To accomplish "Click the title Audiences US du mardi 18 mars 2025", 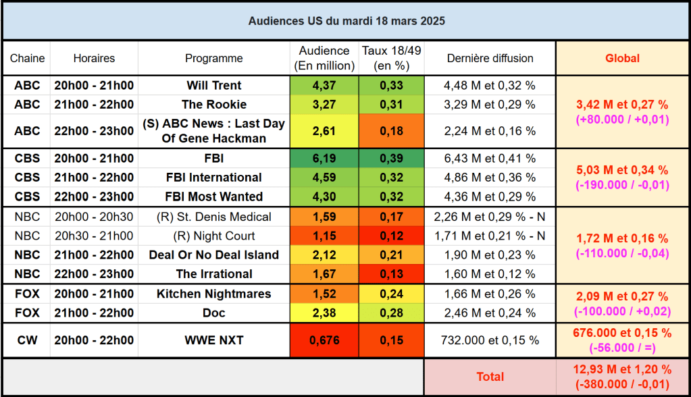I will tap(346, 21).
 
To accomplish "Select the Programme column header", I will tap(213, 58).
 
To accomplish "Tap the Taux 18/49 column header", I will tap(391, 58).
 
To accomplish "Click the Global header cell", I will tap(622, 58).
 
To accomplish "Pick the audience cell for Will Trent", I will tap(324, 86).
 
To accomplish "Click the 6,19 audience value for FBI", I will tap(324, 159).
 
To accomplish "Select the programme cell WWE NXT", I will tap(213, 340).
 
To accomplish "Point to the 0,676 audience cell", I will tap(324, 340).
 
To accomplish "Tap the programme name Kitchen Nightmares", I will tap(213, 294).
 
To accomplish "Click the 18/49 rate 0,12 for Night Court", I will tap(391, 236).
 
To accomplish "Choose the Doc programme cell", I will tap(213, 313).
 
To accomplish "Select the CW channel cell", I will tap(27, 340).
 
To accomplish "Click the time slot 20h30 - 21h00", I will tap(94, 236).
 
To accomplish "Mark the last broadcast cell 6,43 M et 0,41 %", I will tap(490, 159).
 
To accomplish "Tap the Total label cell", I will tap(490, 377).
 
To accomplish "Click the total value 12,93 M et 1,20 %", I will tap(622, 370).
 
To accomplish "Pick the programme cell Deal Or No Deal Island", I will tap(213, 255).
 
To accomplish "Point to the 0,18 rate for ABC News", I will tap(391, 131).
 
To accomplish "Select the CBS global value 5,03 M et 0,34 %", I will tap(622, 170).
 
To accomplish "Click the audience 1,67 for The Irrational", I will tap(324, 274).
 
